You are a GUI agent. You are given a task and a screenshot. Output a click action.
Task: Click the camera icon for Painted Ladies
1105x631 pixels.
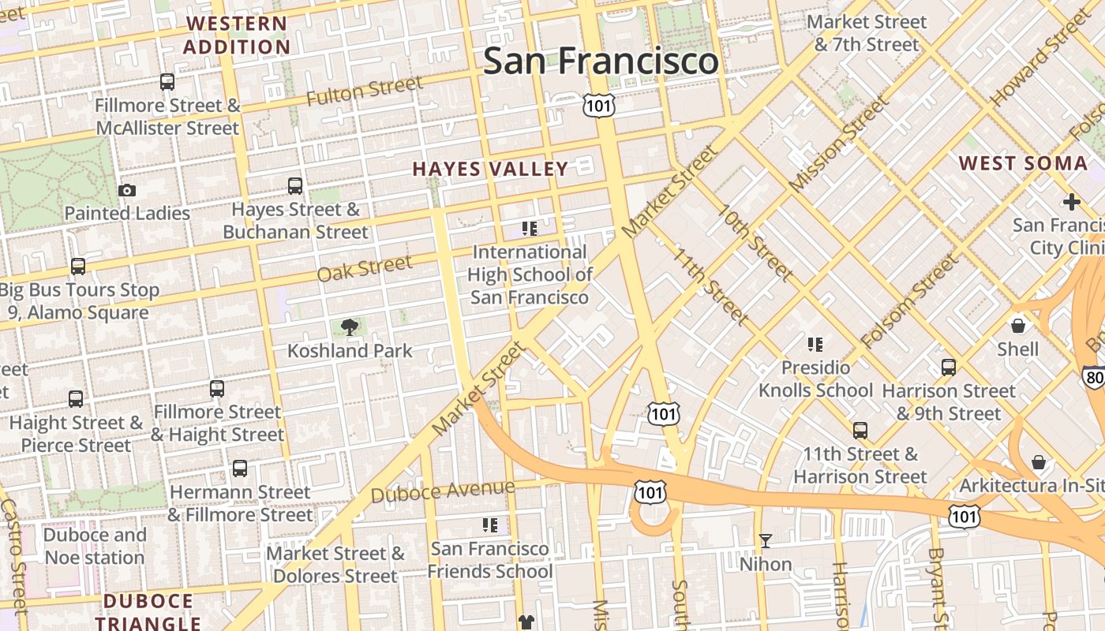tap(126, 190)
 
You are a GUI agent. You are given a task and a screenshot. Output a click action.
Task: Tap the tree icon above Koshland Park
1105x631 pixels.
tap(349, 327)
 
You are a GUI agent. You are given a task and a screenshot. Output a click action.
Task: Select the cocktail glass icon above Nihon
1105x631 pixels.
tap(765, 541)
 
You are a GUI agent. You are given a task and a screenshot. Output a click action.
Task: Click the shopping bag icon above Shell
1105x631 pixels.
tap(1018, 324)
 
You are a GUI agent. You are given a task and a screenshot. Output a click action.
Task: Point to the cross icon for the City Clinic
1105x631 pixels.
tap(1071, 202)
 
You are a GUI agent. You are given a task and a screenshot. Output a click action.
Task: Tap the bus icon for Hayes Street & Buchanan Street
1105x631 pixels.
tap(294, 186)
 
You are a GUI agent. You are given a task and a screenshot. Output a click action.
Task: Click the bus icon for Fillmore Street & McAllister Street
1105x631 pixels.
tap(167, 81)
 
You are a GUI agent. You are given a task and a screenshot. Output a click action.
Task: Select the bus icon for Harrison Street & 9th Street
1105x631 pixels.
tap(948, 368)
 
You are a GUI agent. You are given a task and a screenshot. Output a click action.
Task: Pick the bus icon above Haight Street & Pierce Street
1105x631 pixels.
tap(76, 399)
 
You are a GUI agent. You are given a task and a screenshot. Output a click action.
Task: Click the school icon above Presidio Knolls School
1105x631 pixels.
tap(815, 344)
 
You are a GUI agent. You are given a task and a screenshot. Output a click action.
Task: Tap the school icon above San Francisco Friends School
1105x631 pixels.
tap(489, 525)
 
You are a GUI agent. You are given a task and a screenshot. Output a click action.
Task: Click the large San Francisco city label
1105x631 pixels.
tap(601, 61)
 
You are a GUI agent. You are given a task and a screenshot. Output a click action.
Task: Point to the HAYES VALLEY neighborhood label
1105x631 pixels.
tap(490, 169)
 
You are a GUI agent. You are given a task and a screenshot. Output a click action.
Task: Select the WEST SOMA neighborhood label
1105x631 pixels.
tap(1023, 163)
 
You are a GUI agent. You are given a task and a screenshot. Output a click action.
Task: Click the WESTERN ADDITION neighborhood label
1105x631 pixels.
tap(237, 35)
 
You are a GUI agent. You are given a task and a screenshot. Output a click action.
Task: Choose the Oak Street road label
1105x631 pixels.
tap(364, 268)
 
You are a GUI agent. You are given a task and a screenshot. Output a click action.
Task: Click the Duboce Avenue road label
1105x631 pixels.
tap(442, 491)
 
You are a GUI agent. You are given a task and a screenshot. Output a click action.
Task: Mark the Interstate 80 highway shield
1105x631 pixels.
tap(1094, 377)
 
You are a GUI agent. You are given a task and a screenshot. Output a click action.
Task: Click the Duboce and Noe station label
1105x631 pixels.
tap(95, 546)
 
